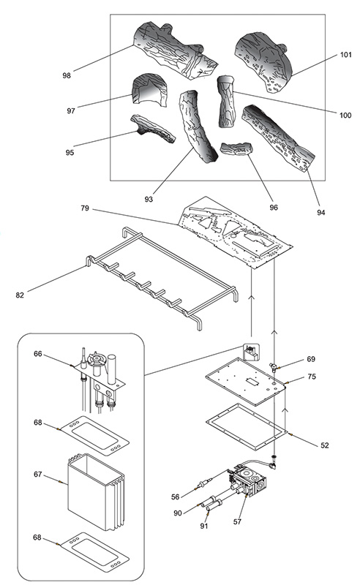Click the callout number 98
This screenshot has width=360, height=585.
click(x=67, y=76)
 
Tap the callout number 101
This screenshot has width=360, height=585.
click(x=346, y=55)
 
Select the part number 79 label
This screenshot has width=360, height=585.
click(x=85, y=208)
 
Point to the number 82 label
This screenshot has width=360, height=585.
click(x=20, y=295)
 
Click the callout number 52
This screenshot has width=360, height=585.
click(x=325, y=445)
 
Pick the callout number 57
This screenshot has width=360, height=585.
click(x=237, y=521)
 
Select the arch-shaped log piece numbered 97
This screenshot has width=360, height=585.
click(x=150, y=89)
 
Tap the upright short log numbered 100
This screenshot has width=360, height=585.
click(x=227, y=102)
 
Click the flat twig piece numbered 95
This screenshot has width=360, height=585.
click(x=152, y=129)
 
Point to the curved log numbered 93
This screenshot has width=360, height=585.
click(x=197, y=126)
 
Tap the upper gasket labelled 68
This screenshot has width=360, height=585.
click(x=95, y=436)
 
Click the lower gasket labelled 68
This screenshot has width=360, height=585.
click(x=95, y=552)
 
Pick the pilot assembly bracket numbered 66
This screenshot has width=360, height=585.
click(x=98, y=380)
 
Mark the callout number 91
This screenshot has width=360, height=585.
click(x=203, y=526)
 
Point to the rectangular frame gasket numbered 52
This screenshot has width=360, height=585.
click(x=246, y=426)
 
